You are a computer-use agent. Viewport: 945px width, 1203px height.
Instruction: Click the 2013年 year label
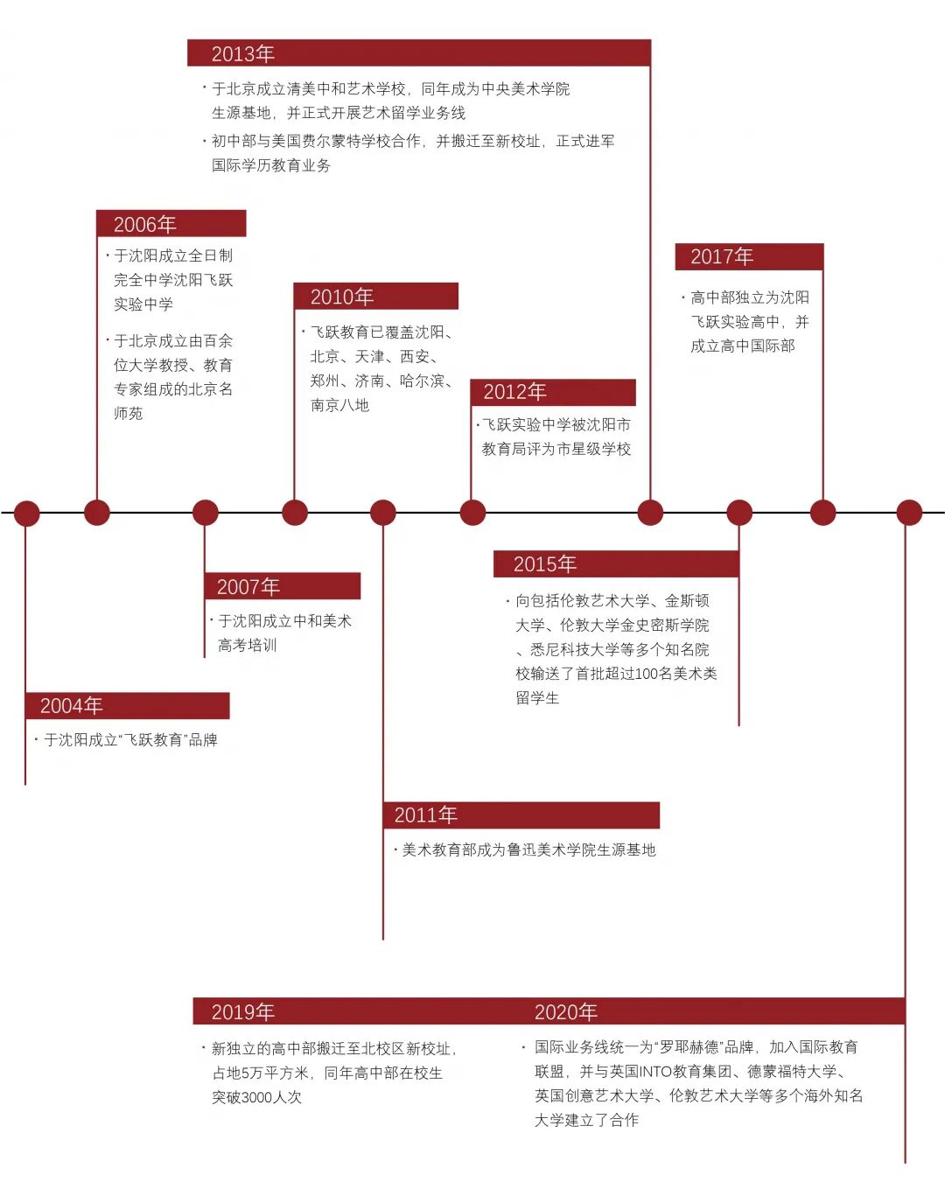(243, 54)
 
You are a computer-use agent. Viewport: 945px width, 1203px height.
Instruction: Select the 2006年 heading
(145, 225)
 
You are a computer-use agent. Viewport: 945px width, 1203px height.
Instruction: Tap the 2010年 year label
(342, 297)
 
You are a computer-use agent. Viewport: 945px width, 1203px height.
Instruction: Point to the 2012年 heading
(514, 392)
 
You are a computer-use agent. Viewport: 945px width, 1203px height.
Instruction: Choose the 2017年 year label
(722, 257)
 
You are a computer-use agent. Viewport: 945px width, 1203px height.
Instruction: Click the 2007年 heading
(248, 587)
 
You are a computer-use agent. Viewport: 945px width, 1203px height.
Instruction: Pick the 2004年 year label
(72, 706)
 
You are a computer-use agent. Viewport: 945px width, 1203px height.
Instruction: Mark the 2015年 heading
(545, 564)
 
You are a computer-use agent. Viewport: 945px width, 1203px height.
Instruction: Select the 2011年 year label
(426, 815)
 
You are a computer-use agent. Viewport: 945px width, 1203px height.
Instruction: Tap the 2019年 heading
(243, 1012)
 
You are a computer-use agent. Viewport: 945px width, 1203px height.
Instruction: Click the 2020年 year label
(566, 1012)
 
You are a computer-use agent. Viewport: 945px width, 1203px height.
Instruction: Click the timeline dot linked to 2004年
(26, 513)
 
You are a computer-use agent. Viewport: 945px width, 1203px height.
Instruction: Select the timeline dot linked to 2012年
(472, 513)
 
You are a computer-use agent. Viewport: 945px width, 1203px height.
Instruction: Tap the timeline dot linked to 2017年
(822, 513)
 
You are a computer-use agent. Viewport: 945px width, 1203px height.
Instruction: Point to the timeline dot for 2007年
(205, 513)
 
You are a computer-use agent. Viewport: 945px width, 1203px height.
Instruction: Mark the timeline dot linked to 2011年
(383, 513)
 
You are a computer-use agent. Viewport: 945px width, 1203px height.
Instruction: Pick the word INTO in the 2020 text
(655, 1072)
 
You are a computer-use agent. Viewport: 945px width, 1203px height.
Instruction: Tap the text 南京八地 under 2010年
(339, 405)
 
